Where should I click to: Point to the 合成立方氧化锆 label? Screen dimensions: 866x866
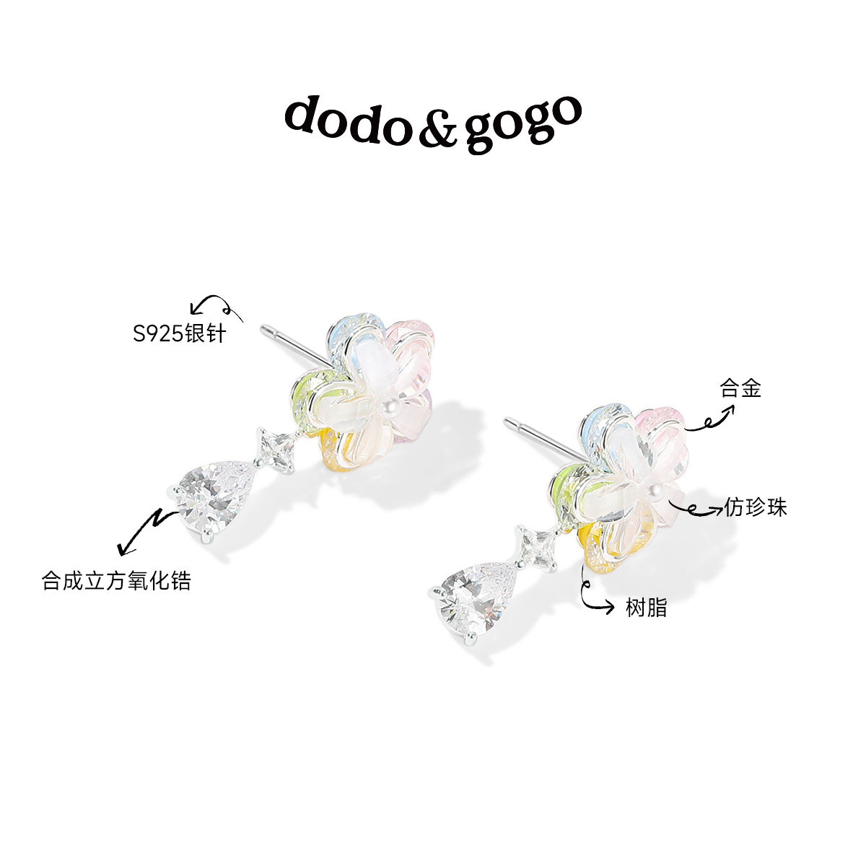[x=117, y=581]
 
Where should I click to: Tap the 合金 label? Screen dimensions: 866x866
[x=740, y=390]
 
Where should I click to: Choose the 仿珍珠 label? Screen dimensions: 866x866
[x=755, y=508]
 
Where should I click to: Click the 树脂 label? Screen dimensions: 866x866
[x=646, y=608]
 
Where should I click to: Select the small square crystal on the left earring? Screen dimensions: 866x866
[x=276, y=447]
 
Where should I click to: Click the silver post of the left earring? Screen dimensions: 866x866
[x=292, y=344]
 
